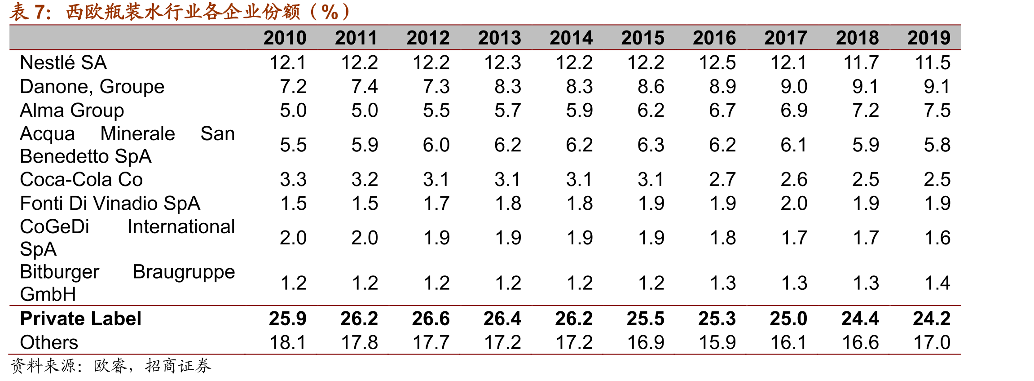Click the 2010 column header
pos(285,38)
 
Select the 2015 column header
pos(642,38)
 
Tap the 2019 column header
pos(928,38)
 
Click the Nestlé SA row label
pos(63,62)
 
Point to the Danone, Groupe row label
pos(92,87)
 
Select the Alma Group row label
pos(72,111)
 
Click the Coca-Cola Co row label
pos(81,180)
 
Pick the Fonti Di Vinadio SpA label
pos(110,204)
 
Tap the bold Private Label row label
pos(81,319)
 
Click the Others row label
pos(49,342)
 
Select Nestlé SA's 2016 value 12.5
pos(717,62)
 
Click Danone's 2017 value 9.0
pos(794,87)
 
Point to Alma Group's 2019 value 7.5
pos(937,111)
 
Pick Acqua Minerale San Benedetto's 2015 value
pos(651,145)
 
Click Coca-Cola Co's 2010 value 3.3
pos(293,180)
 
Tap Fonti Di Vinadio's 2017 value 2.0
pos(794,204)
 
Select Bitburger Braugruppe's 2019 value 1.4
pos(937,283)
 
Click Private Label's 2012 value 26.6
pos(431,319)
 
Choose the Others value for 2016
pos(717,342)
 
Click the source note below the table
pos(110,366)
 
